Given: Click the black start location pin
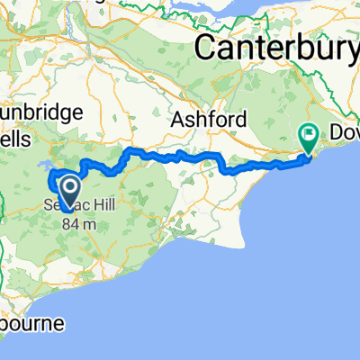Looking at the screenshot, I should [x=67, y=189].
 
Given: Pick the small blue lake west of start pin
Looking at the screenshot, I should [x=42, y=166].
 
